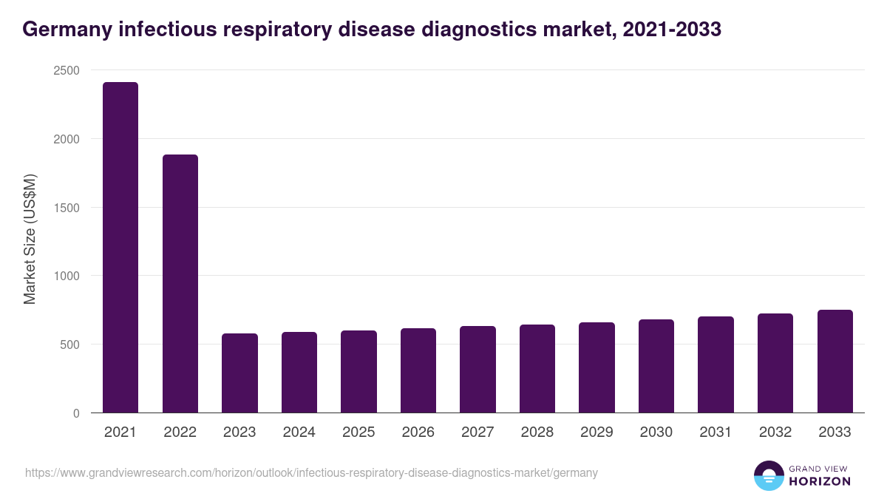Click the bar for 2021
(x=120, y=248)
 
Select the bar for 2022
(x=180, y=284)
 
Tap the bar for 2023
(x=239, y=373)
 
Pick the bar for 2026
(x=418, y=370)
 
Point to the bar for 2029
(x=597, y=367)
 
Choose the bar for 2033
(x=835, y=361)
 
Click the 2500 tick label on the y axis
(x=66, y=70)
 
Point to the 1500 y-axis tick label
(x=66, y=208)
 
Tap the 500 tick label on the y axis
(x=69, y=344)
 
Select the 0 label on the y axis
(x=76, y=413)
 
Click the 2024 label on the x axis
(x=299, y=432)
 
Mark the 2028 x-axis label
(x=537, y=432)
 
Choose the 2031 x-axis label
(x=716, y=432)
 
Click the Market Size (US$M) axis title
(x=30, y=240)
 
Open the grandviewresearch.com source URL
(x=311, y=472)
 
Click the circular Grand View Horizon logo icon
(x=768, y=475)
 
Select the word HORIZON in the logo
(x=820, y=481)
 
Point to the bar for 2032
(x=775, y=363)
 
